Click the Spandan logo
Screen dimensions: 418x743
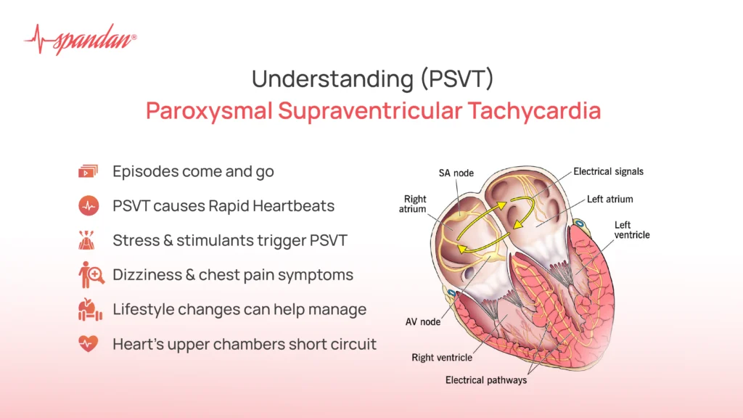click(80, 40)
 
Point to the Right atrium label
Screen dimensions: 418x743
click(415, 205)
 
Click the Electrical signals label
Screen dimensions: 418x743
click(608, 172)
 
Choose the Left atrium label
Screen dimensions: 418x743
click(609, 199)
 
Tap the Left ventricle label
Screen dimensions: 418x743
click(632, 230)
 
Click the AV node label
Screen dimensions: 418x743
click(422, 321)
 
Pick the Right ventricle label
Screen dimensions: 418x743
click(442, 357)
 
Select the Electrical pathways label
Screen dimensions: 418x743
click(486, 380)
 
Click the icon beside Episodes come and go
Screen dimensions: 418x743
click(88, 172)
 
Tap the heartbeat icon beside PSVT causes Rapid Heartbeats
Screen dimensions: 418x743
click(88, 206)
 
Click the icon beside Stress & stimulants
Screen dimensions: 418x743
click(88, 240)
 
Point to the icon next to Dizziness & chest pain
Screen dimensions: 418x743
click(88, 275)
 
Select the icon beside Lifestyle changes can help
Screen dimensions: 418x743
click(88, 310)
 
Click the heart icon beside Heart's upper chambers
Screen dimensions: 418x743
click(88, 344)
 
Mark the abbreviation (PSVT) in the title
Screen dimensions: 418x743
click(456, 78)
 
